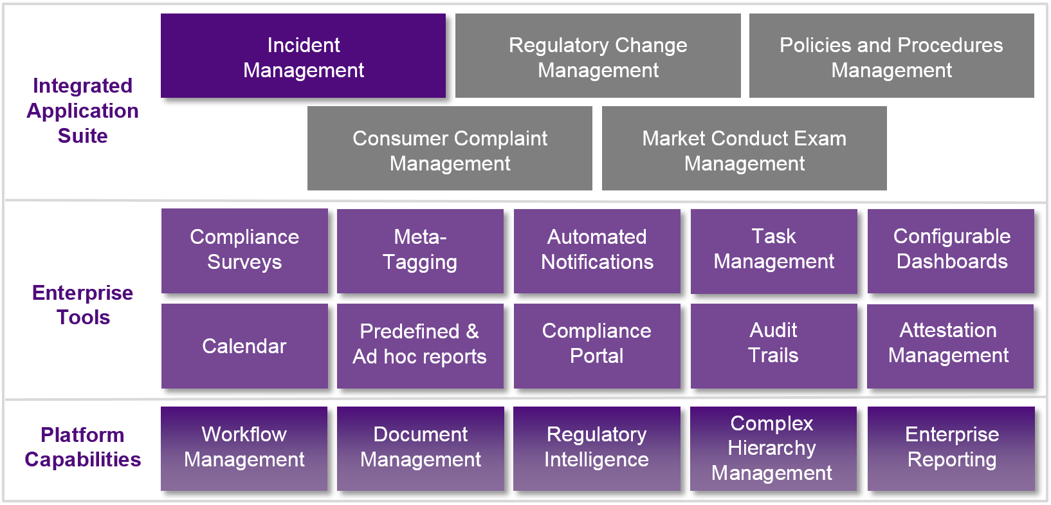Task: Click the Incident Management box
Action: point(303,57)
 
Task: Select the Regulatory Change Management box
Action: point(598,57)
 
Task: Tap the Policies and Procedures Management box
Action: point(891,57)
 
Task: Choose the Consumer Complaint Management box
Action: point(450,149)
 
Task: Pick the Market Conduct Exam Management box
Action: point(744,149)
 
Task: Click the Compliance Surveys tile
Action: point(244,250)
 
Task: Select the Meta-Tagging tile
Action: point(420,250)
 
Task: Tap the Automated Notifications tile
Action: point(597,250)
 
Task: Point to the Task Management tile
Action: point(774,250)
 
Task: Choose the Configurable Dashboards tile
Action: point(951,250)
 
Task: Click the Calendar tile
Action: point(244,346)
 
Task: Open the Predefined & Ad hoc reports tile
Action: point(420,345)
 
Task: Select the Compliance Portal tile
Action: point(597,345)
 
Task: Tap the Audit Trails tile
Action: point(774,345)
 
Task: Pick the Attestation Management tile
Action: point(949,345)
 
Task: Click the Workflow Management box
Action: point(244,448)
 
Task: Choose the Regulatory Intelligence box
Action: point(596,448)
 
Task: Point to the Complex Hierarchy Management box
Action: point(772,448)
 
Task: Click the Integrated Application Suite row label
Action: point(83,111)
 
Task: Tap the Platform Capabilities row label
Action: point(83,447)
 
